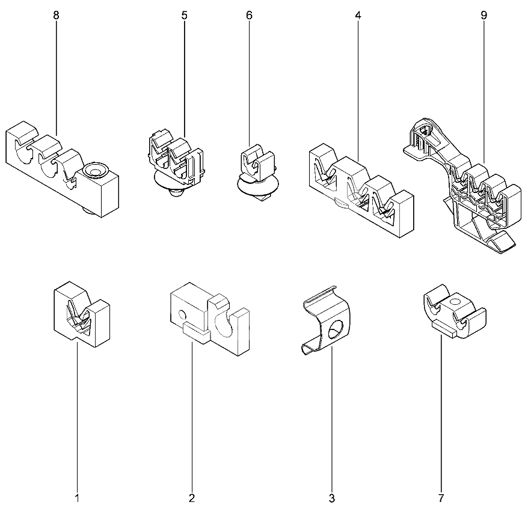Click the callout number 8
tap(56, 15)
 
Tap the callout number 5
tap(185, 15)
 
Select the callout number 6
tap(249, 15)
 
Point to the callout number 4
tap(358, 15)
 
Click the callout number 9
tap(484, 15)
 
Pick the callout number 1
tap(77, 498)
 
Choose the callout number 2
tap(192, 498)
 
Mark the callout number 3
tap(332, 498)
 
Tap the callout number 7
tap(441, 498)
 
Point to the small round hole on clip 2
tap(182, 314)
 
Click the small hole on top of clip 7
tap(454, 302)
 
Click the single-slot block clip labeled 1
tap(82, 314)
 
